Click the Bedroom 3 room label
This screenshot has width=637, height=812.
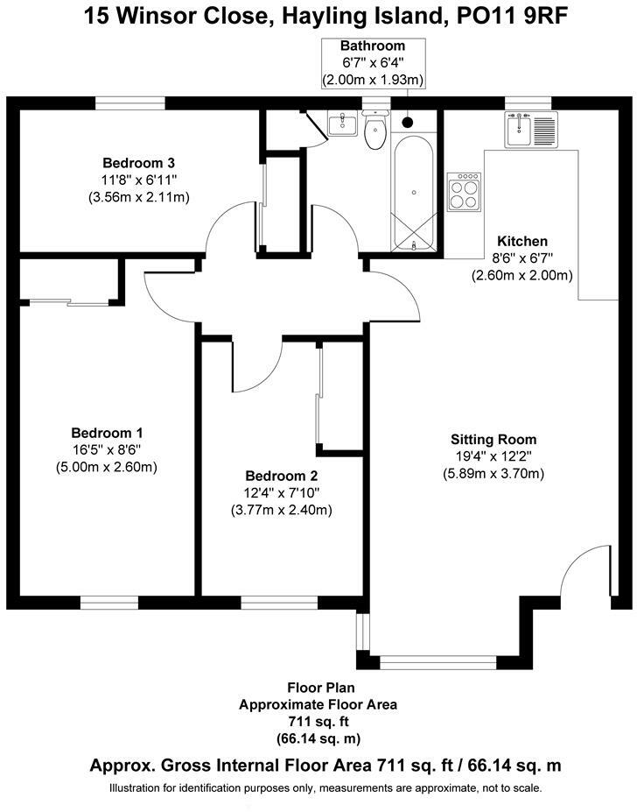pos(139,163)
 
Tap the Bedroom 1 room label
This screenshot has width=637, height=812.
pos(107,433)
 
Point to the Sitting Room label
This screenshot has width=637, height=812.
pos(493,440)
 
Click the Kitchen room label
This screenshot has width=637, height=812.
pos(522,241)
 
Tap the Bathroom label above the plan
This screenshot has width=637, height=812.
pos(373,46)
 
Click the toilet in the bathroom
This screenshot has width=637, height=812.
pos(375,132)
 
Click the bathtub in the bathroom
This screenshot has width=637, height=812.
pos(414,193)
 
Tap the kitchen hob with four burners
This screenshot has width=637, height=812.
pos(464,190)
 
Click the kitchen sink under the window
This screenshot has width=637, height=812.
pos(528,130)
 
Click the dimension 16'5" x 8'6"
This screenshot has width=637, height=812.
pos(107,449)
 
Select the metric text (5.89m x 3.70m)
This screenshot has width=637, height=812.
pos(493,474)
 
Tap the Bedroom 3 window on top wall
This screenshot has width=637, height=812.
pos(130,102)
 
